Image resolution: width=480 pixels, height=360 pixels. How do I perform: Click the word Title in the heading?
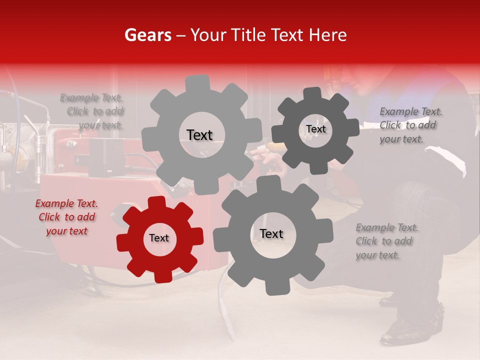click(x=248, y=35)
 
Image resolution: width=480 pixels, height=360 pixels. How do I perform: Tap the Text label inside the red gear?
click(x=159, y=238)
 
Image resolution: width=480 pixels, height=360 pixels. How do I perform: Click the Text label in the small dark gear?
click(x=315, y=129)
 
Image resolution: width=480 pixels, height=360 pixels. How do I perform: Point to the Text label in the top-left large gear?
click(x=199, y=135)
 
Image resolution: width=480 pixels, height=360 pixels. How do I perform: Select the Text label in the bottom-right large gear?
click(x=271, y=234)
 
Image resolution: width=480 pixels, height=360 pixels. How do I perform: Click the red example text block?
click(x=66, y=217)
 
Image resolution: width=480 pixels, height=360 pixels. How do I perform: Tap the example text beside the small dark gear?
click(x=410, y=125)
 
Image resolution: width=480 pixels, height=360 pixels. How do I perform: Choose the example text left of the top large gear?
click(x=93, y=111)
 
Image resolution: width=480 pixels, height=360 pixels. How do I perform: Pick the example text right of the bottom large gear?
click(x=386, y=241)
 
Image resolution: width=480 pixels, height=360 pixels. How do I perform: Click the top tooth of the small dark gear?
click(x=312, y=93)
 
